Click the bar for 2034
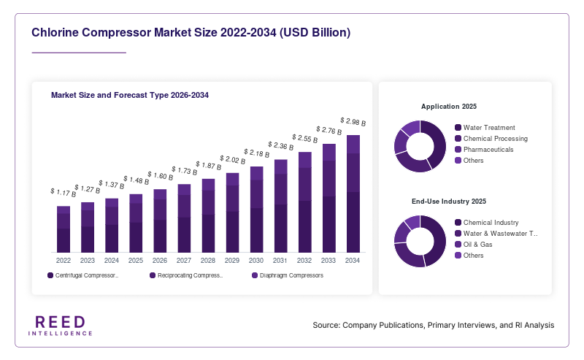coord(353,194)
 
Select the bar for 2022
coord(64,229)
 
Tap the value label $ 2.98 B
coord(353,121)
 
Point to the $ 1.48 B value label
coord(137,180)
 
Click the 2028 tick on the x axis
coord(208,261)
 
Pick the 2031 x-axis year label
coord(280,261)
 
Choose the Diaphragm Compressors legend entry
coord(288,275)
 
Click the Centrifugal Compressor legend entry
coord(82,275)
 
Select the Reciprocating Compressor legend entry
coord(186,275)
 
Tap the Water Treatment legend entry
coord(485,128)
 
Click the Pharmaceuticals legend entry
coord(484,150)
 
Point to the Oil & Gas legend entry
coord(474,245)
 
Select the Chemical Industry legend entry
coord(487,223)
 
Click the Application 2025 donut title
coord(449,107)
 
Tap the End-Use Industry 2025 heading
coord(449,202)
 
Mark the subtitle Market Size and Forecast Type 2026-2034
coord(130,95)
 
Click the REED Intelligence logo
coord(61,326)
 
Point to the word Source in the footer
coord(326,325)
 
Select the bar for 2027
coord(184,218)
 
